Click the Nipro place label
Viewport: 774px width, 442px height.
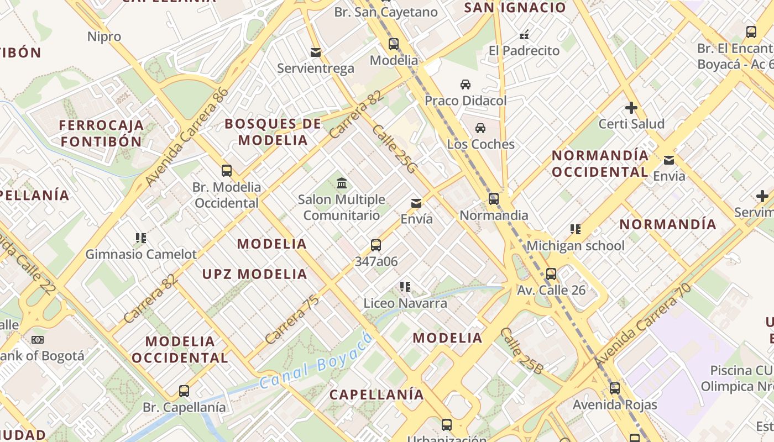point(104,37)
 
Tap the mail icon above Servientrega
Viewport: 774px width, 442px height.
point(316,52)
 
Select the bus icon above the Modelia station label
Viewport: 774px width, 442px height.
point(394,44)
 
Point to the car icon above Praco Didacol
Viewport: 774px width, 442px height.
point(466,85)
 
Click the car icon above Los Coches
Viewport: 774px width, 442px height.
point(480,128)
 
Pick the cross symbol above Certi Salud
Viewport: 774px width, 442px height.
point(631,107)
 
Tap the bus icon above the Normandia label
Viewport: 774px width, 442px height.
point(494,199)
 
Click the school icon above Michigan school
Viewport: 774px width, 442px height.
point(576,229)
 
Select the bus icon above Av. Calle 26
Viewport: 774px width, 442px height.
point(551,274)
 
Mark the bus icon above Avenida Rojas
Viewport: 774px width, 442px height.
point(615,388)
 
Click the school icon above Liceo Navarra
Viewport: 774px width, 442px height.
point(405,287)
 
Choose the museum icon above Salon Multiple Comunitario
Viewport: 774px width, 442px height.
point(342,183)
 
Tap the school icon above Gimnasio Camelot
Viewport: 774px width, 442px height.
point(141,238)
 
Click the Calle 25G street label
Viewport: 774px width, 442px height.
point(394,149)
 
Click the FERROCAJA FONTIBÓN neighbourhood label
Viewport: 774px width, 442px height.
point(101,133)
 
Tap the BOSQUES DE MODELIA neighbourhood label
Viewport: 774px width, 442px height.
point(273,131)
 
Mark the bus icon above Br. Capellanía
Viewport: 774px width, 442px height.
point(184,391)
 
